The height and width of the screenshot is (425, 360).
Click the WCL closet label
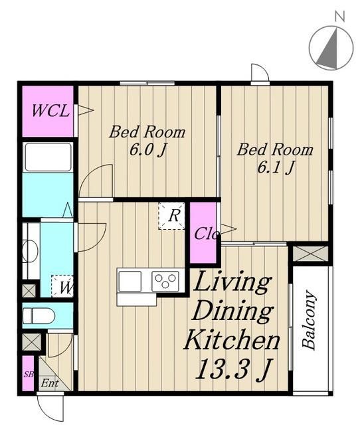50,111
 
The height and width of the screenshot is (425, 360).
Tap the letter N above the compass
339,16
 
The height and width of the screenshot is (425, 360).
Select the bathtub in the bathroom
48,157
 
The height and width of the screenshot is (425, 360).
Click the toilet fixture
39,315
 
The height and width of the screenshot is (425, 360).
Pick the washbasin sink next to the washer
31,251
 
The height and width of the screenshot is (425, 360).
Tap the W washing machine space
62,286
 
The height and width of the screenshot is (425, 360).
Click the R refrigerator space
172,216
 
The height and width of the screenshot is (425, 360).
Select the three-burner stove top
165,281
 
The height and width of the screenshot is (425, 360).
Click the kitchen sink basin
130,281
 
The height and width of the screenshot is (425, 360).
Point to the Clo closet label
207,233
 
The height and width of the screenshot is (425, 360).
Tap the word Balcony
310,320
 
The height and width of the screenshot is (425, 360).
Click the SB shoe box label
29,375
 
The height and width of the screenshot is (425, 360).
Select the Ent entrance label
50,383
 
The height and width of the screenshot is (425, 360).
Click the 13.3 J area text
233,369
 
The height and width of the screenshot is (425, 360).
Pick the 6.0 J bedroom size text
147,149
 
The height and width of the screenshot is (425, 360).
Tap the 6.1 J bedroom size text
275,167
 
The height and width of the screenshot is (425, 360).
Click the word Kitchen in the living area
232,339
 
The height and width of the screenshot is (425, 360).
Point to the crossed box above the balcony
311,254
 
